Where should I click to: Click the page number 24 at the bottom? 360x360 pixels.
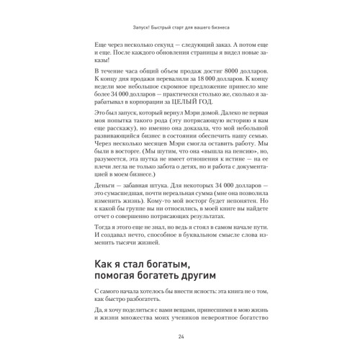click(180, 337)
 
